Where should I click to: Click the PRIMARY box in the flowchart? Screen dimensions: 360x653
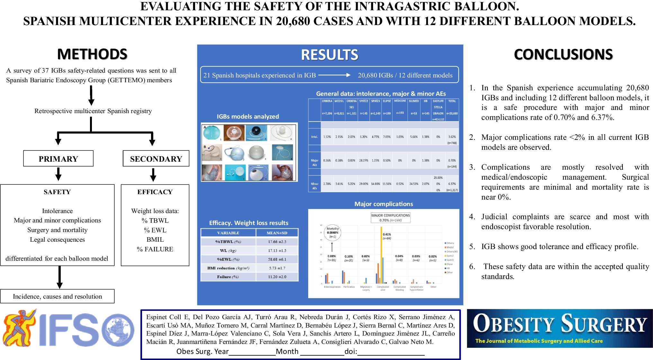pyautogui.click(x=58, y=159)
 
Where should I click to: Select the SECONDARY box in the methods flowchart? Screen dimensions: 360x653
pyautogui.click(x=156, y=159)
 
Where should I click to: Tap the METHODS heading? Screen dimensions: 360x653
pyautogui.click(x=92, y=54)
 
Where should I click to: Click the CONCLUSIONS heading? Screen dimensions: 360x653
pyautogui.click(x=563, y=54)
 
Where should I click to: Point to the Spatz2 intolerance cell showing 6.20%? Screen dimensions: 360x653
pyautogui.click(x=363, y=137)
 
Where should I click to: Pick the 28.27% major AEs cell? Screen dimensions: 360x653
pyautogui.click(x=363, y=160)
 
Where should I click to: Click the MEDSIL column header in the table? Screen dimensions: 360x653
pyautogui.click(x=339, y=101)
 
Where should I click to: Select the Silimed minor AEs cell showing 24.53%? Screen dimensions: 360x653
pyautogui.click(x=414, y=184)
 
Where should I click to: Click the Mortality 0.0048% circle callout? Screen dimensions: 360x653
pyautogui.click(x=333, y=232)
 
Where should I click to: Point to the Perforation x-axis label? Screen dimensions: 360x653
pyautogui.click(x=349, y=287)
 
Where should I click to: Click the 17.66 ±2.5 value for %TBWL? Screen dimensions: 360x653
pyautogui.click(x=277, y=242)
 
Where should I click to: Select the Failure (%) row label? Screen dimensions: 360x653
pyautogui.click(x=228, y=277)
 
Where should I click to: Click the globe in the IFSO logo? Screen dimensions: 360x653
pyautogui.click(x=118, y=330)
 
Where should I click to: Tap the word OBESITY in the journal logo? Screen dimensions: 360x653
pyautogui.click(x=514, y=324)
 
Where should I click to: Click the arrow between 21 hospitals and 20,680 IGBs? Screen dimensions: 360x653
pyautogui.click(x=334, y=75)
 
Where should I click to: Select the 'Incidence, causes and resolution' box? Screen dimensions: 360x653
pyautogui.click(x=58, y=296)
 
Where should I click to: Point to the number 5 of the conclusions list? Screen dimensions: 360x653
pyautogui.click(x=472, y=247)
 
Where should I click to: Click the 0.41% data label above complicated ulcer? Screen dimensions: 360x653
pyautogui.click(x=387, y=235)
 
